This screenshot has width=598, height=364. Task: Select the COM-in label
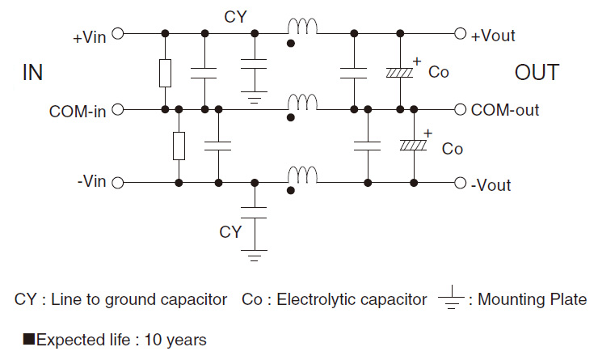(x=78, y=111)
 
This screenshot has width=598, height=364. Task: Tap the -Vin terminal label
(x=91, y=183)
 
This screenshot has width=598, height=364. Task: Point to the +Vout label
(x=493, y=36)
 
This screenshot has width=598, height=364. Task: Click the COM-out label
(x=505, y=110)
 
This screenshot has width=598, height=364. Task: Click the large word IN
(x=32, y=73)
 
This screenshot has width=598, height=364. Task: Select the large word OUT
(x=537, y=73)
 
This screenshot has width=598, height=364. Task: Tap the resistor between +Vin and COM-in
(x=165, y=73)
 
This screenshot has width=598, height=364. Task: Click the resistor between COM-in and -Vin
(x=179, y=146)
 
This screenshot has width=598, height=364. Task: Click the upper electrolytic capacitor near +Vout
(x=400, y=72)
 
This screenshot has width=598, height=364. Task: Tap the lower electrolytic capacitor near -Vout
(x=414, y=146)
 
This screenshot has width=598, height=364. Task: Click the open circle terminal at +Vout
(x=461, y=34)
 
